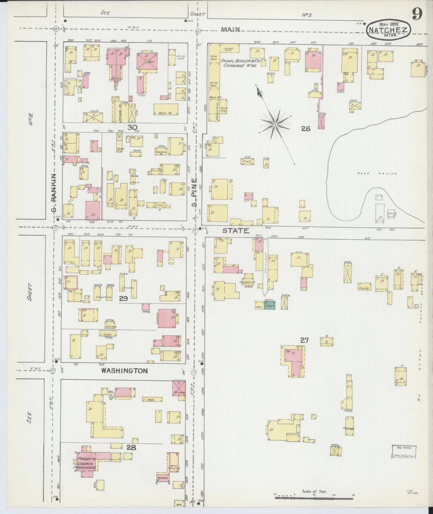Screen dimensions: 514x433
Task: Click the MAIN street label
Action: point(231,29)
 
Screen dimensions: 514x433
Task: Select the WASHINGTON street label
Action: point(124,371)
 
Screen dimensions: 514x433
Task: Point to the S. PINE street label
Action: point(195,193)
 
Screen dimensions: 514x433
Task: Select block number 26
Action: point(306,129)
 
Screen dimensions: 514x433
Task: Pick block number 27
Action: point(304,340)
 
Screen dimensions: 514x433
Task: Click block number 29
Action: point(123,298)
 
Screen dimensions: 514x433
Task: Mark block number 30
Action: point(132,127)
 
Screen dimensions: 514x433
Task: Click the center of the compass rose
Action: point(275,124)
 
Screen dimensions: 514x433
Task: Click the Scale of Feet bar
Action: point(314,498)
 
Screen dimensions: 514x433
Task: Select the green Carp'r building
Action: point(269,305)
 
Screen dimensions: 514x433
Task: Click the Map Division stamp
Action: point(404,452)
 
